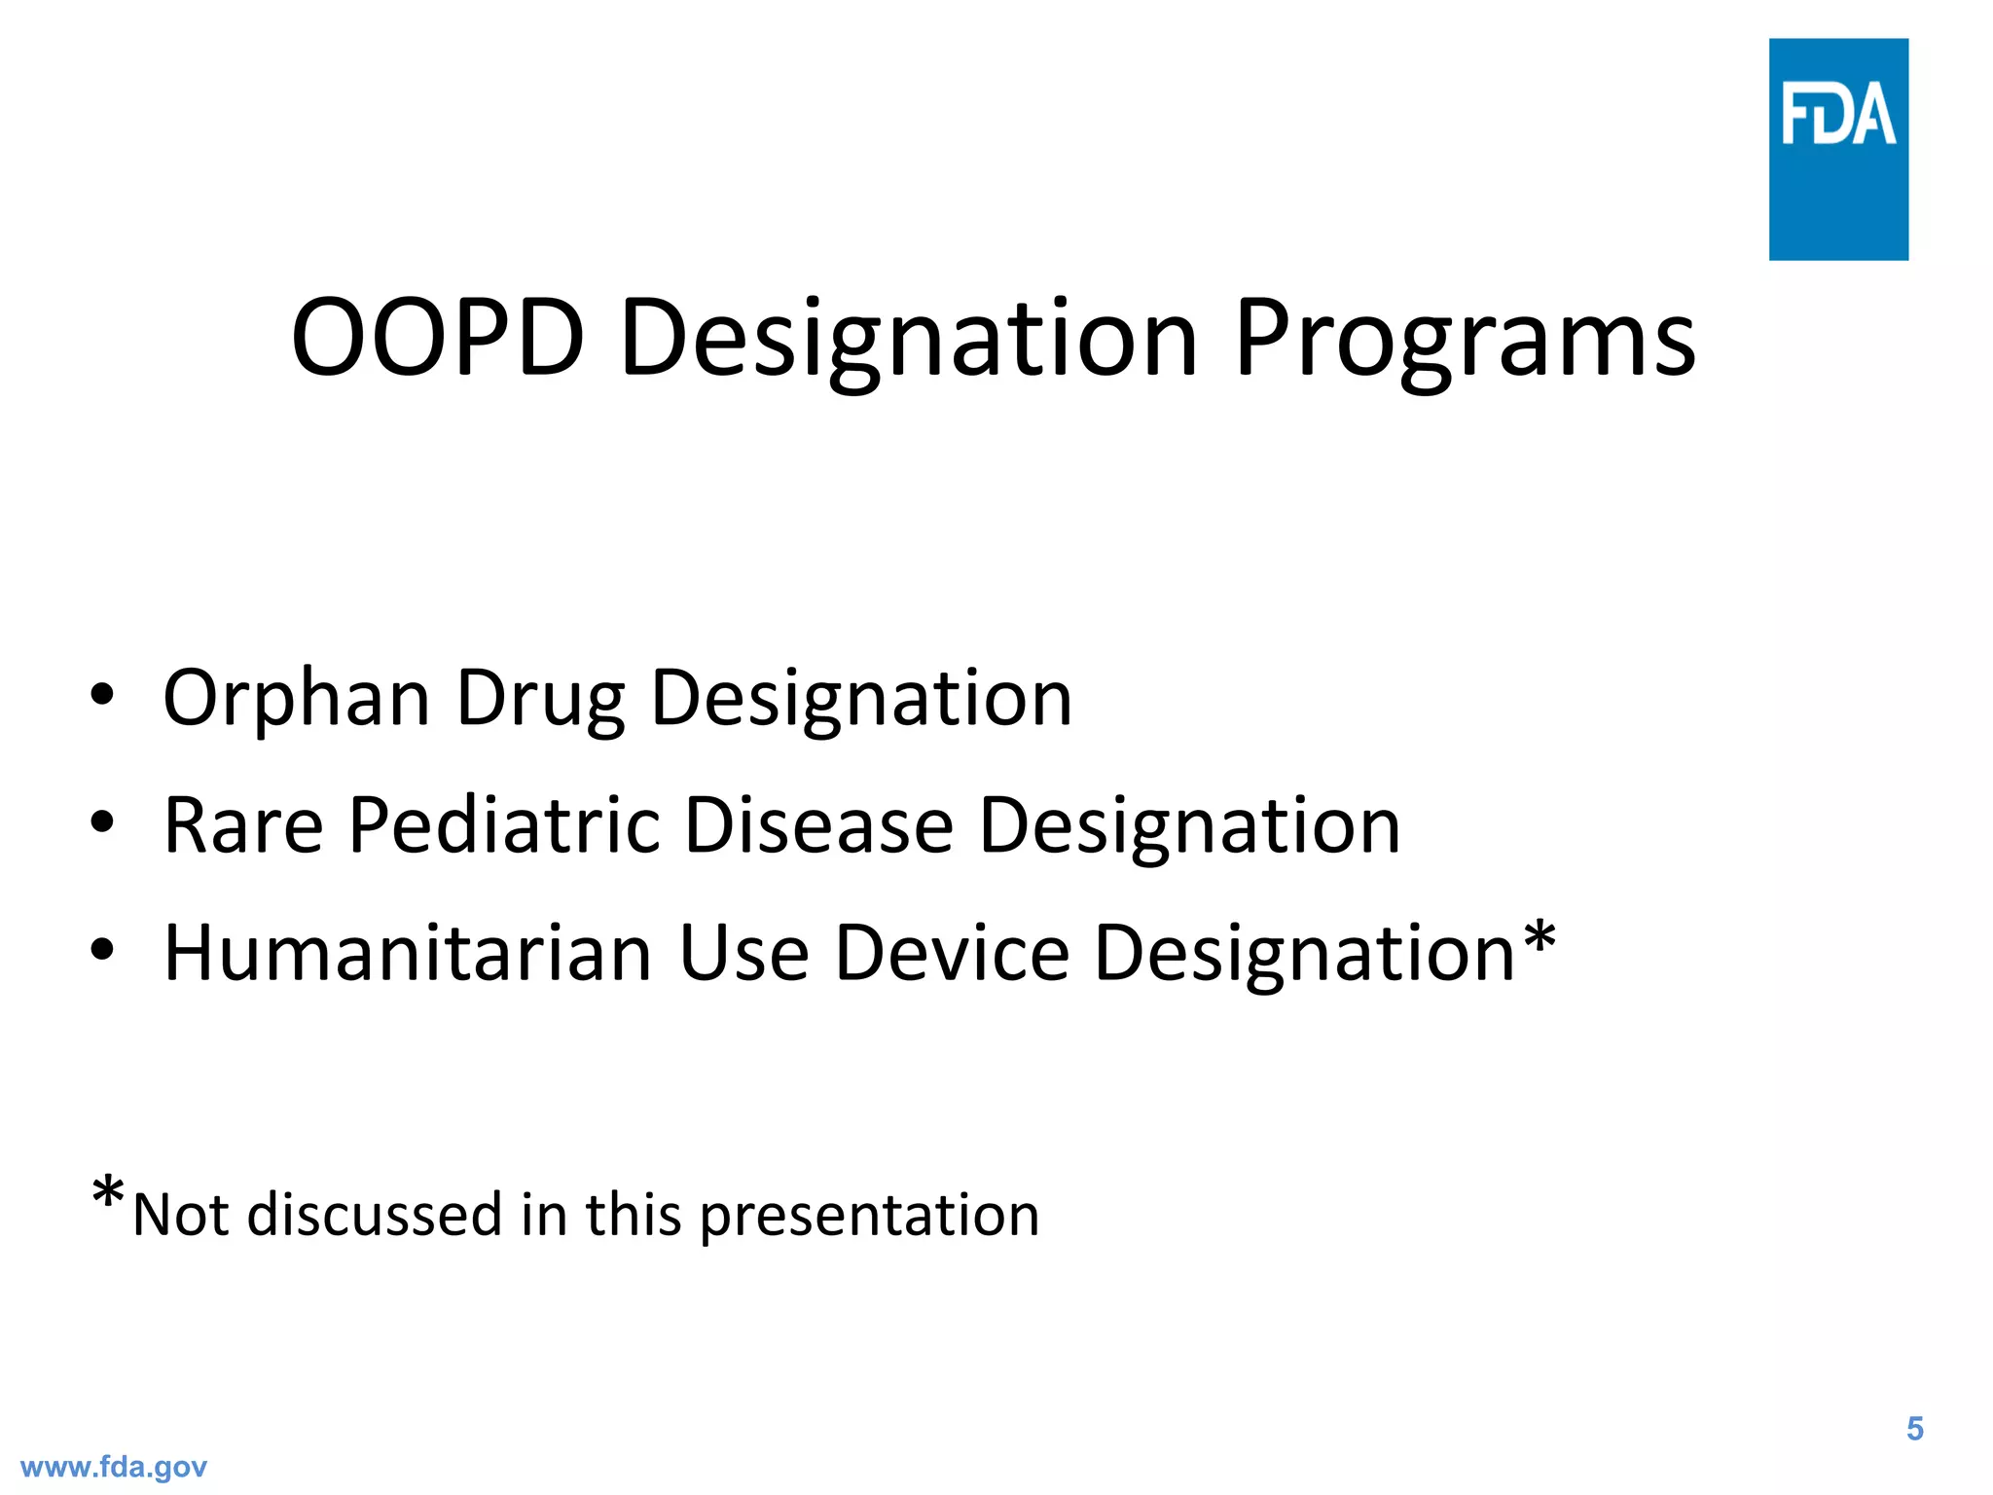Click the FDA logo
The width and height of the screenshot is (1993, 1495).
click(x=1837, y=149)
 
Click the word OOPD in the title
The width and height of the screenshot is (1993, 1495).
click(x=438, y=338)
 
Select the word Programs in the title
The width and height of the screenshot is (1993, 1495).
click(x=1465, y=341)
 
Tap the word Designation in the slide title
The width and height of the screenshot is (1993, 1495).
click(x=908, y=341)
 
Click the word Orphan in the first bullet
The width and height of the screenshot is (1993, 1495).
click(x=296, y=699)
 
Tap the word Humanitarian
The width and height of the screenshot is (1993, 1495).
click(x=408, y=953)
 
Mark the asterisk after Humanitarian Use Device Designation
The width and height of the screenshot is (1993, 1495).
click(x=1540, y=939)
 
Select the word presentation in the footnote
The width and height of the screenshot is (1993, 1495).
click(x=869, y=1217)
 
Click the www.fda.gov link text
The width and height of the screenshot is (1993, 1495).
click(x=114, y=1467)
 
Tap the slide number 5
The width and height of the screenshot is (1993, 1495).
click(x=1914, y=1429)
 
